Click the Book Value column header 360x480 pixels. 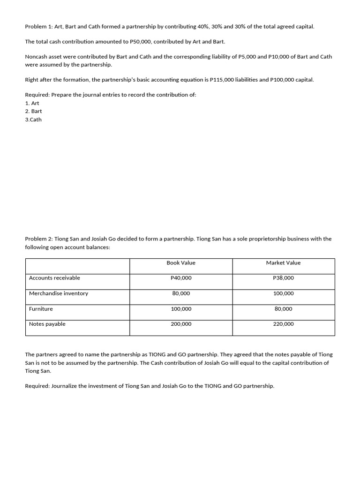pyautogui.click(x=181, y=263)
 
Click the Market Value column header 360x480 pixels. pyautogui.click(x=283, y=263)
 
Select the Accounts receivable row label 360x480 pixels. pyautogui.click(x=54, y=278)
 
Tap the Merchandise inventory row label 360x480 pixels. pyautogui.click(x=59, y=293)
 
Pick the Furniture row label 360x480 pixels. pyautogui.click(x=41, y=309)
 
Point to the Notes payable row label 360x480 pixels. pyautogui.click(x=47, y=324)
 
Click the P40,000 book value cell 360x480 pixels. pyautogui.click(x=181, y=278)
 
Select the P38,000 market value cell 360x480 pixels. pyautogui.click(x=283, y=278)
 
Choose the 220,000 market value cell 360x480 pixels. pyautogui.click(x=283, y=324)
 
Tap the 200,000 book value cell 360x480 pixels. pyautogui.click(x=181, y=324)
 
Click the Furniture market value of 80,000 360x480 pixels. pyautogui.click(x=283, y=309)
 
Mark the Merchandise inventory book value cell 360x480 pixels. pyautogui.click(x=181, y=293)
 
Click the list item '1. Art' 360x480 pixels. pyautogui.click(x=32, y=103)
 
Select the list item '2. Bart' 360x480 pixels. pyautogui.click(x=33, y=111)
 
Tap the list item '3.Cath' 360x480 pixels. pyautogui.click(x=33, y=120)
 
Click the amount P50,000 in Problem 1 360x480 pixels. pyautogui.click(x=140, y=42)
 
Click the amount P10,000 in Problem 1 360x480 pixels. pyautogui.click(x=279, y=57)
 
